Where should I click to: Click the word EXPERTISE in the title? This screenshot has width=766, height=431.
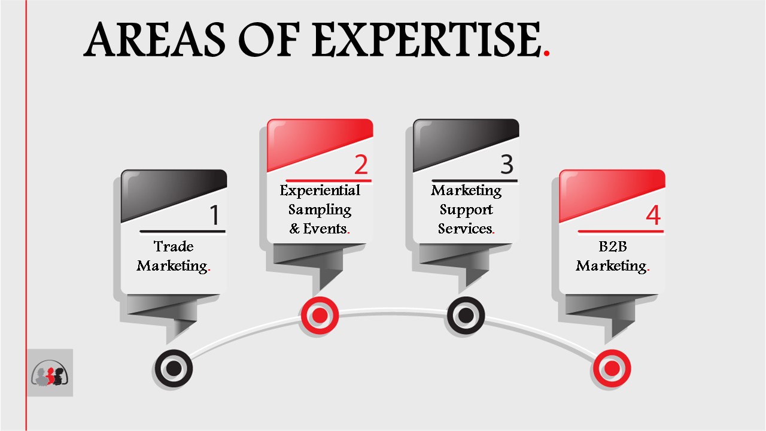click(x=427, y=39)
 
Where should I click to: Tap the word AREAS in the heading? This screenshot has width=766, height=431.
click(x=154, y=39)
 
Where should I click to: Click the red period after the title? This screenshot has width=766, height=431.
click(x=546, y=53)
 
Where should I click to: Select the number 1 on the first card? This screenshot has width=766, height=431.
click(x=214, y=215)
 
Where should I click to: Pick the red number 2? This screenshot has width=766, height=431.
click(x=361, y=165)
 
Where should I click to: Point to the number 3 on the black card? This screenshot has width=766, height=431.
click(x=507, y=165)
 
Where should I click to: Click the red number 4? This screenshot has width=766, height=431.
click(x=653, y=215)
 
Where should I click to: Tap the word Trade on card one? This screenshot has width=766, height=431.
click(x=174, y=246)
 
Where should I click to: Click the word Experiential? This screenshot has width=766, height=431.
click(x=320, y=190)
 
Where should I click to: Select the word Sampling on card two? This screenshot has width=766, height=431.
click(x=320, y=210)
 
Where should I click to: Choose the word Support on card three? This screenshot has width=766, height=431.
click(x=466, y=210)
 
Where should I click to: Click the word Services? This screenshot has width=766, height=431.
click(x=465, y=229)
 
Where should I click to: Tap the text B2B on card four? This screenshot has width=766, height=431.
click(x=612, y=246)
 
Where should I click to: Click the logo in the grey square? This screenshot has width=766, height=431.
click(x=50, y=373)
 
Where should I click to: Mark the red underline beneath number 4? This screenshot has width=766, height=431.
click(x=621, y=232)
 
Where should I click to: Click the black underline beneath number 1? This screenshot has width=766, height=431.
click(x=183, y=232)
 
